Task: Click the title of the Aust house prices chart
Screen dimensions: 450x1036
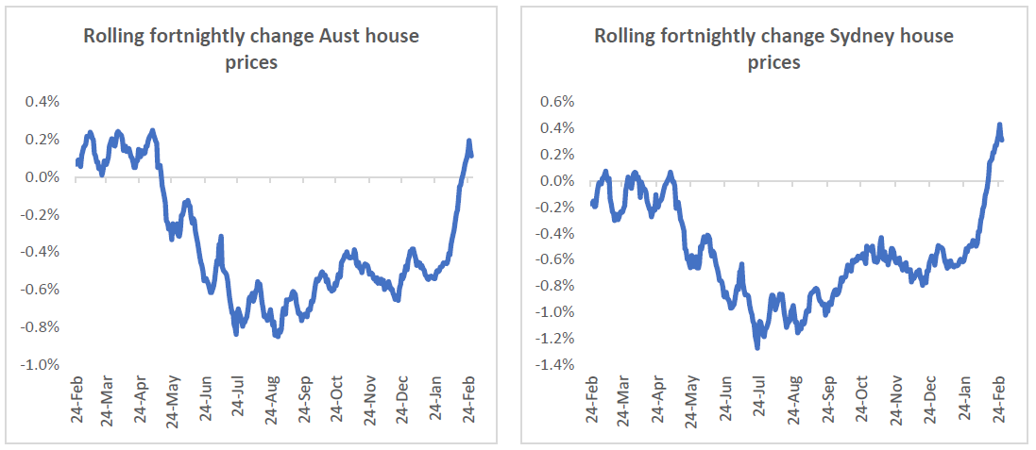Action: click(x=251, y=49)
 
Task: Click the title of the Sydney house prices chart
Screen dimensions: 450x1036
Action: click(x=773, y=49)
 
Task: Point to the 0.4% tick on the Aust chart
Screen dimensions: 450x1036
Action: click(x=44, y=102)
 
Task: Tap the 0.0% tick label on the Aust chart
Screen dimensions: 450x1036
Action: click(x=44, y=177)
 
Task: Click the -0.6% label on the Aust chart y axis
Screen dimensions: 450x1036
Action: click(x=42, y=290)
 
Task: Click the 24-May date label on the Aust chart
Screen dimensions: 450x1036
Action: click(x=175, y=401)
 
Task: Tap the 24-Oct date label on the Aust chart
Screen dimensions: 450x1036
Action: click(x=337, y=401)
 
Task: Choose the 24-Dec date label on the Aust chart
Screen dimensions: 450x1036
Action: click(x=403, y=401)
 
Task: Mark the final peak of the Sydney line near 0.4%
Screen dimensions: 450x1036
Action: click(x=999, y=125)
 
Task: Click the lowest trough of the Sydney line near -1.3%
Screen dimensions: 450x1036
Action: click(x=757, y=347)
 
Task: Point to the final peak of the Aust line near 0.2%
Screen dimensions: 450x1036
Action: click(x=469, y=142)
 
